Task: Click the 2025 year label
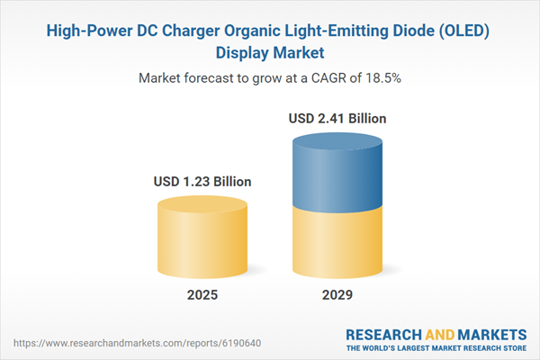tap(202, 295)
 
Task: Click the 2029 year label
tap(337, 295)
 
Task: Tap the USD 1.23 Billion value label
tap(202, 182)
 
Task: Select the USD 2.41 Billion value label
tap(337, 117)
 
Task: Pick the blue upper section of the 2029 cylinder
tap(337, 171)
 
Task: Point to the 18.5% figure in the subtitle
tap(382, 78)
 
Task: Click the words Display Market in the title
tap(270, 52)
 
